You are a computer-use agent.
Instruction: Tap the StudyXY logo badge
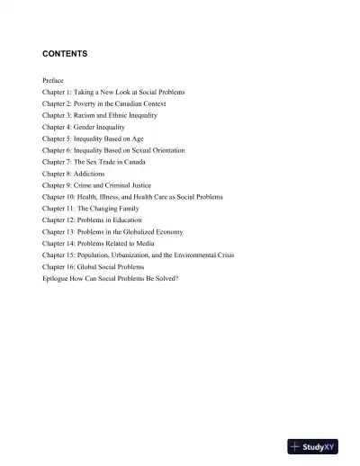coord(312,447)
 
